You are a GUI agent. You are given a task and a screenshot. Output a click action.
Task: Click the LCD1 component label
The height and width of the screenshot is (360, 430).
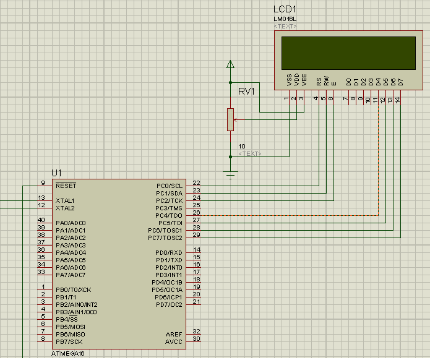[x=285, y=10]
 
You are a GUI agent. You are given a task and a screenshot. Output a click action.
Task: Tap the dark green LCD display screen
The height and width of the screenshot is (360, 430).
[x=348, y=53]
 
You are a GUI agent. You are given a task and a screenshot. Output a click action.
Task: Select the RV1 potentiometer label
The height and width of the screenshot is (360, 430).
[x=247, y=92]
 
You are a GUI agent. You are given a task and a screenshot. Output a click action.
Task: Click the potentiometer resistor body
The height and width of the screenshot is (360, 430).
[x=230, y=119]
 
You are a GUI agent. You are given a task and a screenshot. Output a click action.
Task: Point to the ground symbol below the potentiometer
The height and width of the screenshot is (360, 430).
[x=230, y=174]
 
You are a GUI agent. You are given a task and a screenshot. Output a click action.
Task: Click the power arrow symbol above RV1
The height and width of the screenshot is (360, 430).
[x=230, y=64]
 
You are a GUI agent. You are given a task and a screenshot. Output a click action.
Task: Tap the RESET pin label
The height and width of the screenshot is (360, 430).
[x=66, y=186]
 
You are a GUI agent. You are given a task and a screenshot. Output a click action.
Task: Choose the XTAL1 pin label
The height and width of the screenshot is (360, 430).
[x=65, y=200]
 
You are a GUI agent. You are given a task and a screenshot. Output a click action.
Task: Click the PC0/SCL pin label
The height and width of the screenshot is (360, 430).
[x=170, y=186]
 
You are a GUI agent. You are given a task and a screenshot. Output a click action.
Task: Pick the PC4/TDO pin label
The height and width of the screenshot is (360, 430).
[x=170, y=215]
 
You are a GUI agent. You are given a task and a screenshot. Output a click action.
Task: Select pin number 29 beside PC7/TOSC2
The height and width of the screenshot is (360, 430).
[x=197, y=235]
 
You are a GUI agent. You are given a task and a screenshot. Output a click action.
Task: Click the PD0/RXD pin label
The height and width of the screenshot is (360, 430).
[x=168, y=252]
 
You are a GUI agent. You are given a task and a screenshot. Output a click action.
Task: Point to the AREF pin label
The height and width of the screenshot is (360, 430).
[x=174, y=334]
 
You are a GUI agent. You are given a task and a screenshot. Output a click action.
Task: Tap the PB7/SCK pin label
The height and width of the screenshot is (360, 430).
[x=69, y=341]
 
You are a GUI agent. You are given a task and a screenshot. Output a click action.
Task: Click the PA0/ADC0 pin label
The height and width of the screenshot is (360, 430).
[x=71, y=223]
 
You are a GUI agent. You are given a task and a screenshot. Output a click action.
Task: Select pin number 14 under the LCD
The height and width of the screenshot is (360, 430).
[x=398, y=99]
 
